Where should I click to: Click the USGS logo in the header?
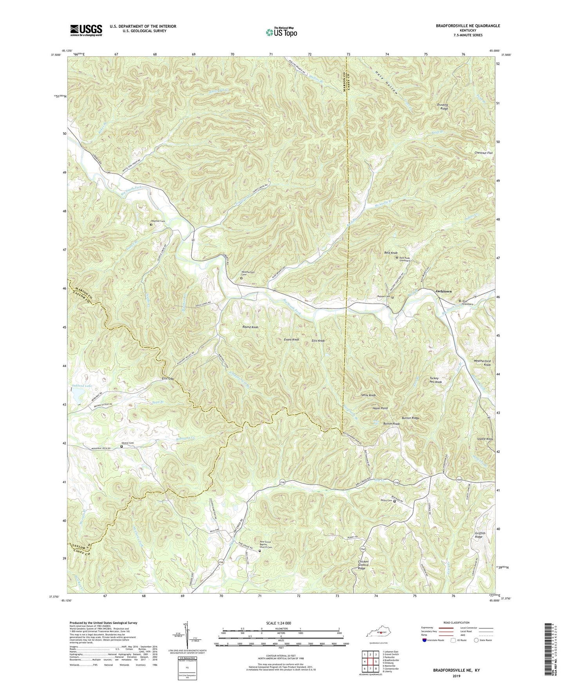pyautogui.click(x=86, y=30)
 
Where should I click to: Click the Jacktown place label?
pyautogui.click(x=443, y=291)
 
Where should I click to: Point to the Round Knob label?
pyautogui.click(x=250, y=327)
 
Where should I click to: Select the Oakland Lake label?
pyautogui.click(x=82, y=386)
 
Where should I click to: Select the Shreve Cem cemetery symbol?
pyautogui.click(x=121, y=446)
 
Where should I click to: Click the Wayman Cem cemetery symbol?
pyautogui.click(x=151, y=225)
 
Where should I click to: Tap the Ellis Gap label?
pyautogui.click(x=168, y=379)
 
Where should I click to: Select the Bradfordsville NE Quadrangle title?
pyautogui.click(x=468, y=26)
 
